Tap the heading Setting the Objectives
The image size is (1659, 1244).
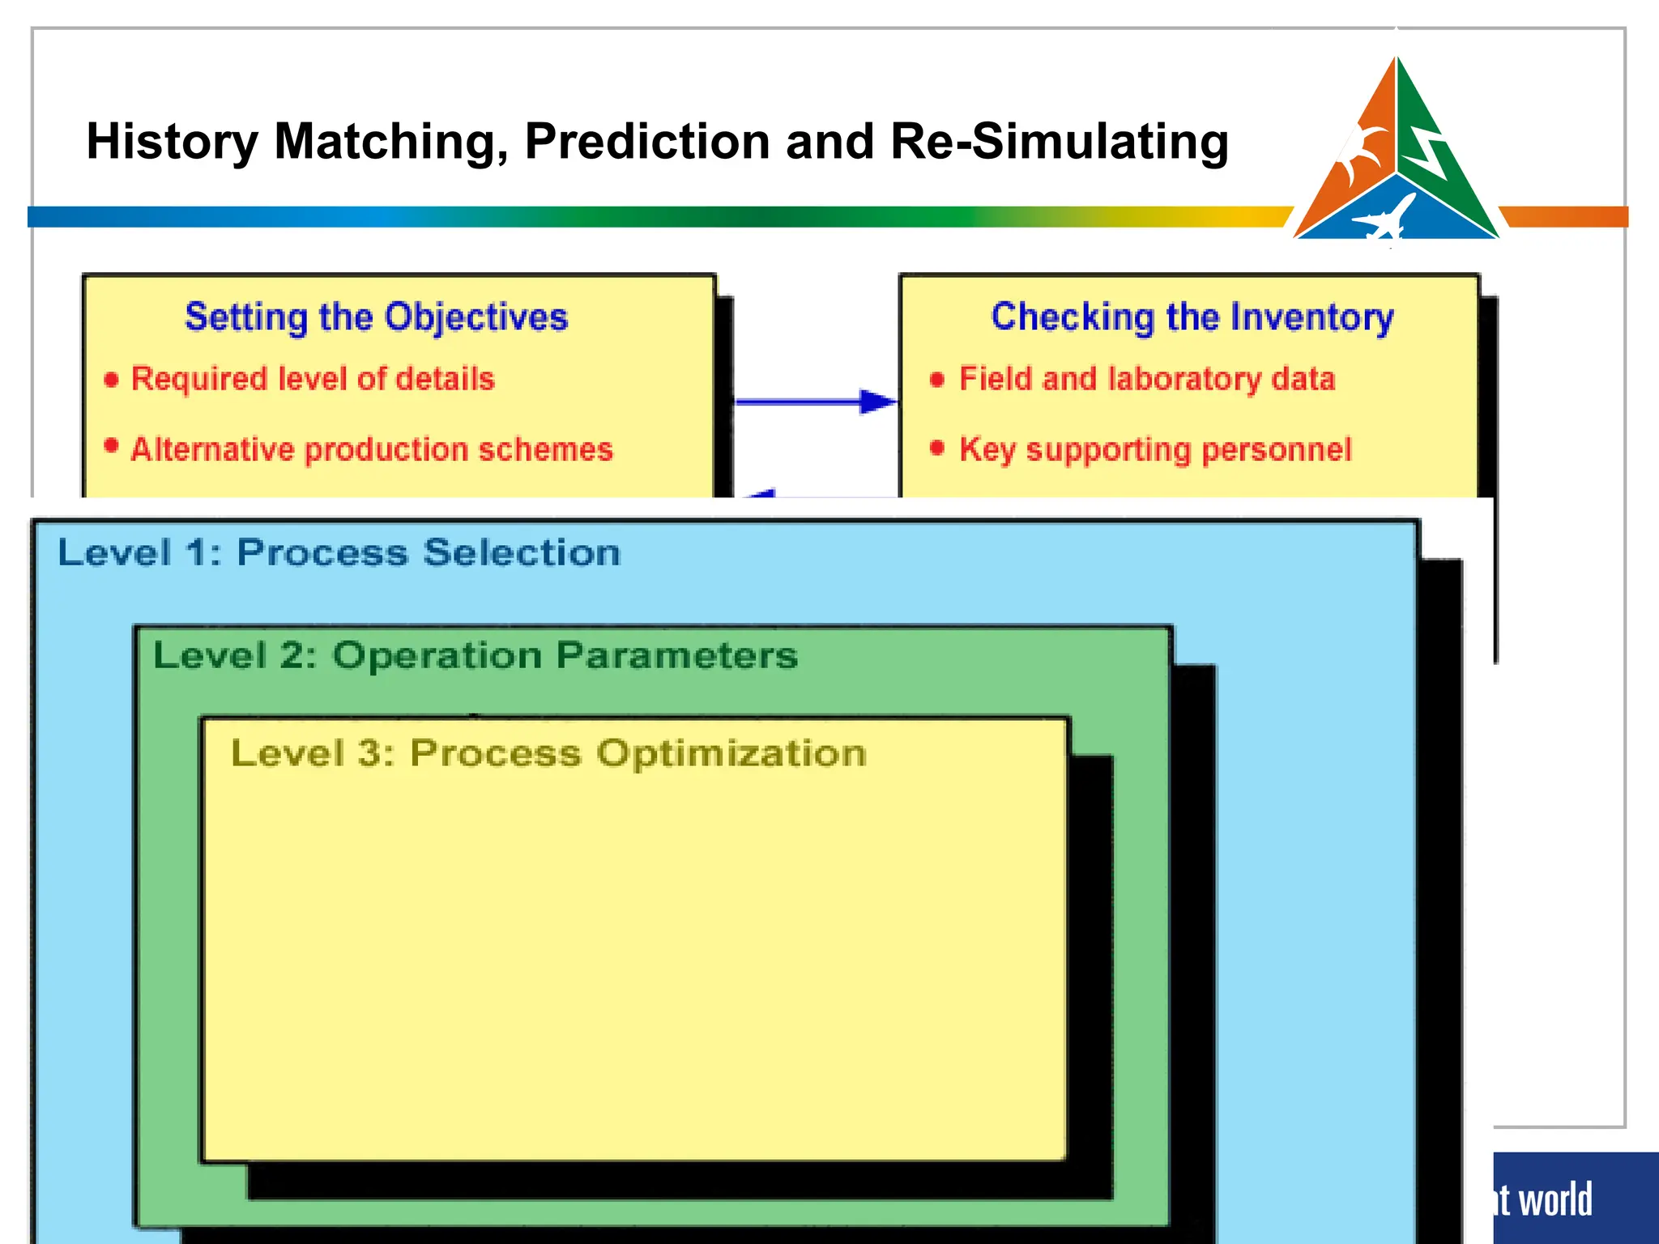tap(376, 317)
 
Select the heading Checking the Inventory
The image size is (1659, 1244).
tap(1192, 317)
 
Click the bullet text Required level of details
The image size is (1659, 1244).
tap(313, 379)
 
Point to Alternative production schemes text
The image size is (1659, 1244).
tap(372, 449)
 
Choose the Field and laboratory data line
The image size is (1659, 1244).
tap(1147, 379)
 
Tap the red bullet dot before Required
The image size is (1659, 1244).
tap(112, 379)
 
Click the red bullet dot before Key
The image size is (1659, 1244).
tap(937, 448)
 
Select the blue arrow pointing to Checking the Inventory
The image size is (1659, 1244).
tap(814, 401)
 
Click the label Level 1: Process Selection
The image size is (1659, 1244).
tap(339, 553)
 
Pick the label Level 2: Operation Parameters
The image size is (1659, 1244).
tap(476, 655)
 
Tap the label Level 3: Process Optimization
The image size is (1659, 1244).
tap(548, 753)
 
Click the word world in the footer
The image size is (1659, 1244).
tap(1555, 1199)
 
